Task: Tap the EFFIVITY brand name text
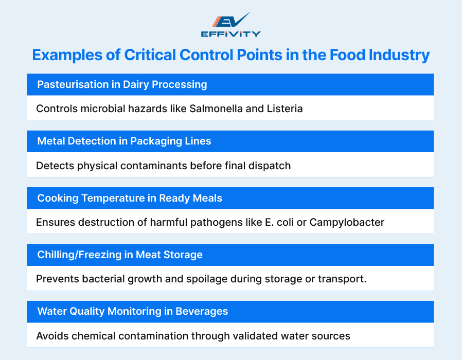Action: coord(230,34)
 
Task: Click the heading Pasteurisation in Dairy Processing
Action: coord(122,84)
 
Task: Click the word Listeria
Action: coord(284,109)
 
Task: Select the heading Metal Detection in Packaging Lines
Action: coord(124,141)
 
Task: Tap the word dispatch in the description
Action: coord(270,166)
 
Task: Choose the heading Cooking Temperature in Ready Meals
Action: coord(130,198)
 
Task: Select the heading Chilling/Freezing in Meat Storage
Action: coord(120,255)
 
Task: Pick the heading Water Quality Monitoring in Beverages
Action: coord(133,311)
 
